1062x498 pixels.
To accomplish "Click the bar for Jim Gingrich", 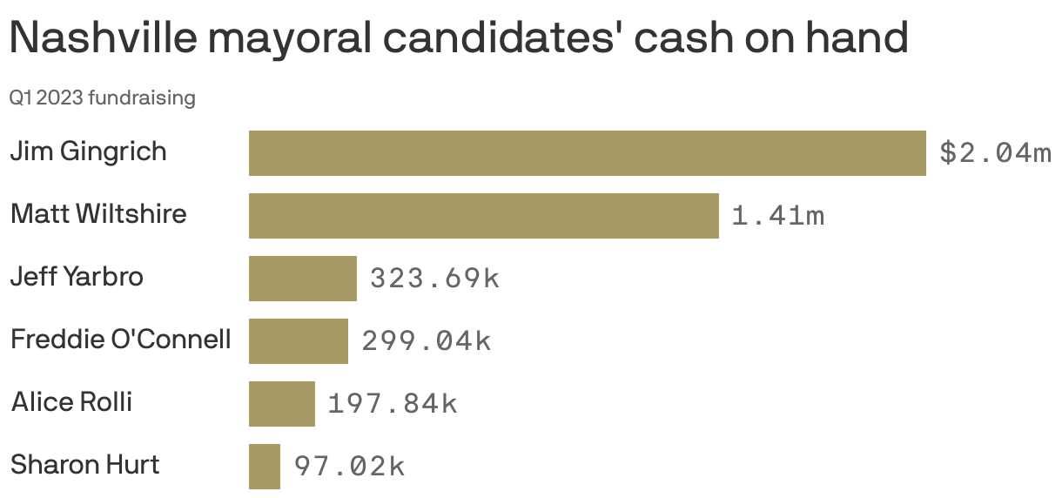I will (587, 153).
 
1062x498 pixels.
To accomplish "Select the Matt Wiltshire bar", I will (483, 216).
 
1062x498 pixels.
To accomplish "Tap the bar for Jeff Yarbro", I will (302, 279).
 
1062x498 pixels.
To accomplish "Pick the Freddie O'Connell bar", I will (298, 341).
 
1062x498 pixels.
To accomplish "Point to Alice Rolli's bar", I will (281, 404).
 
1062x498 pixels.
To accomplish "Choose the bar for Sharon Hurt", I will (264, 467).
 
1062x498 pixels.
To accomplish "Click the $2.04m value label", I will (995, 153).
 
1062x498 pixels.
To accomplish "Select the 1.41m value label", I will (777, 216).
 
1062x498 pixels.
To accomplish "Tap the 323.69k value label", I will (434, 279).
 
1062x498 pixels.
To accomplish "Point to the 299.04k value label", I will (426, 341).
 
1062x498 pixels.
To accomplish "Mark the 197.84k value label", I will (392, 404).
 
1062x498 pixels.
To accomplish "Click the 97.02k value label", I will (349, 467).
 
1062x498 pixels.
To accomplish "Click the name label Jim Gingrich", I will (88, 151).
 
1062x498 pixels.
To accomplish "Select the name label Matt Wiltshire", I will (98, 214).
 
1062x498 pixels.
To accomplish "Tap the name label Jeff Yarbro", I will (77, 277).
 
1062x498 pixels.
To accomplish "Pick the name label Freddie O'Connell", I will (120, 340).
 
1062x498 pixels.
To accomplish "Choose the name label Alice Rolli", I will (71, 402).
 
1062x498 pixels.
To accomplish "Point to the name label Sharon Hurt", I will (84, 465).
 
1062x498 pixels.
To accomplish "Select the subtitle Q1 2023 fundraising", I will (102, 98).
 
